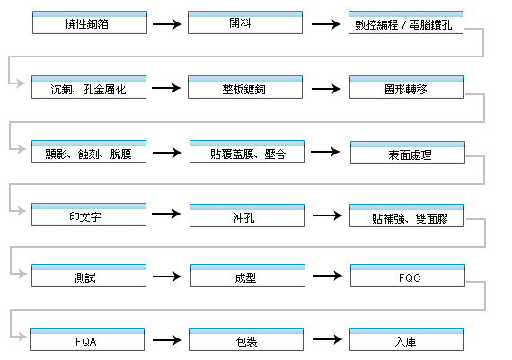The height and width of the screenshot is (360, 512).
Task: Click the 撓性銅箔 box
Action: click(x=90, y=22)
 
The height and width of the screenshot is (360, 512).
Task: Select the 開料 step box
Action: click(x=245, y=22)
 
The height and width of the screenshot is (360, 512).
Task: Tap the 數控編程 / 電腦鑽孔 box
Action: click(x=406, y=22)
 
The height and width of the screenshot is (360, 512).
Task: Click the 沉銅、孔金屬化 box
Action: click(x=89, y=87)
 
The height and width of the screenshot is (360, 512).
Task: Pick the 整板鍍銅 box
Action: click(x=245, y=87)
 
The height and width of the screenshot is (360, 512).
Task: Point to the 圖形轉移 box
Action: click(x=407, y=87)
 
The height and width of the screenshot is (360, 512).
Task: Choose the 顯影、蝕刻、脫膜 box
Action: click(x=89, y=152)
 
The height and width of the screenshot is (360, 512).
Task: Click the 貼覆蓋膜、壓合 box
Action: click(x=247, y=152)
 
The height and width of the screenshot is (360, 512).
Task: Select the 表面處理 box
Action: click(x=408, y=153)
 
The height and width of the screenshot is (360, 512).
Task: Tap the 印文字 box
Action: click(x=89, y=215)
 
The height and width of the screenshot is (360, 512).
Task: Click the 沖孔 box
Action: click(x=247, y=215)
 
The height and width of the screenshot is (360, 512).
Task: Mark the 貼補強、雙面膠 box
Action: click(x=407, y=215)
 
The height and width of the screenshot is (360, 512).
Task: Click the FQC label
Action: click(x=410, y=278)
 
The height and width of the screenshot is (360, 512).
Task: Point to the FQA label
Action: click(x=86, y=342)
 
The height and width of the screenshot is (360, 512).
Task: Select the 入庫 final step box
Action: click(x=407, y=339)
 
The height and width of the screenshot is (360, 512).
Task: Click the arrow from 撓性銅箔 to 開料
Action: click(x=167, y=24)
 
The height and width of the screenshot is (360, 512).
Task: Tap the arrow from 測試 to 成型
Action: click(x=167, y=277)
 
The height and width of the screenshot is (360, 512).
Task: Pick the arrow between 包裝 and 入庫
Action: click(x=328, y=339)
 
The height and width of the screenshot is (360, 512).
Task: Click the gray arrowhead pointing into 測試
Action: click(x=22, y=274)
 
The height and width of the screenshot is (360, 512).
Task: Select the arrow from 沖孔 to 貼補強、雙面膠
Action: click(x=328, y=215)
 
